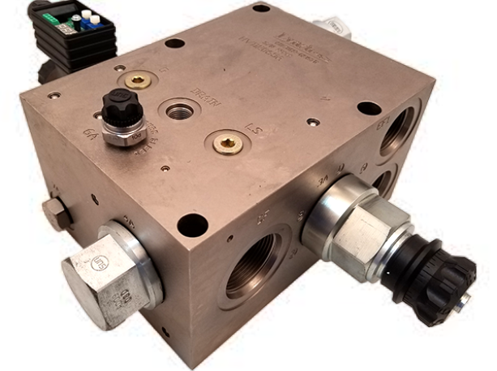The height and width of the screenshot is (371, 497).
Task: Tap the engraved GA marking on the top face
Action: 90,135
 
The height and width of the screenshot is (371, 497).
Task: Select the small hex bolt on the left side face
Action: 56,212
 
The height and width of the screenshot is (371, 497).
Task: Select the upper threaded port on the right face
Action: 398,131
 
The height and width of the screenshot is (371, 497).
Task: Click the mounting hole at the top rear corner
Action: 261,8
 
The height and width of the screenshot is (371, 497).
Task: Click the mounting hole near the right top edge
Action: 369,108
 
